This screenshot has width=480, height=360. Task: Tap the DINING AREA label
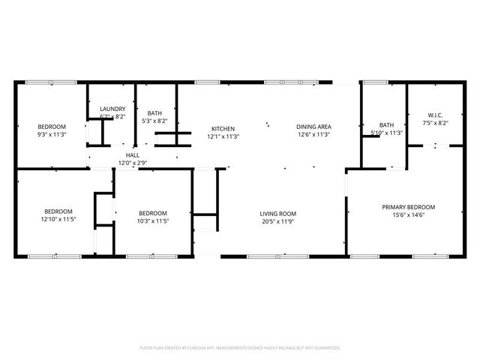coord(314,127)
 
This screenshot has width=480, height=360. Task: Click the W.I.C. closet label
coord(435,115)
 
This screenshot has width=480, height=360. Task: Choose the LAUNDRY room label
coord(113,109)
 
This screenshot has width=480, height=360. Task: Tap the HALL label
coord(132,154)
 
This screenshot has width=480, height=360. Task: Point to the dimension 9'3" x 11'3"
coord(52,135)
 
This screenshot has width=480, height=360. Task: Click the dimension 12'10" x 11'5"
coord(58,220)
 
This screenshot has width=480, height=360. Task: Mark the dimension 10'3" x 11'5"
coord(152,221)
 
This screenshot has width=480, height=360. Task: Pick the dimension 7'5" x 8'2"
coord(435,123)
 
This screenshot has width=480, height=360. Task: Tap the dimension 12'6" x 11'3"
coord(314,136)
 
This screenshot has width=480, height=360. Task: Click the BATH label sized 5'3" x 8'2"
coord(154,112)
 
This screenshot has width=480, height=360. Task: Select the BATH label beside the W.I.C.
coord(386,124)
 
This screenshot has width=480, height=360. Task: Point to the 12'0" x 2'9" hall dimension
coord(132,163)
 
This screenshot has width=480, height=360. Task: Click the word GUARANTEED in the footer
coord(324,348)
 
